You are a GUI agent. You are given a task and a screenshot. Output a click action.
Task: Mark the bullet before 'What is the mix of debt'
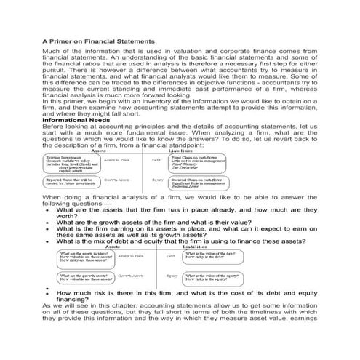pyautogui.click(x=47, y=241)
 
